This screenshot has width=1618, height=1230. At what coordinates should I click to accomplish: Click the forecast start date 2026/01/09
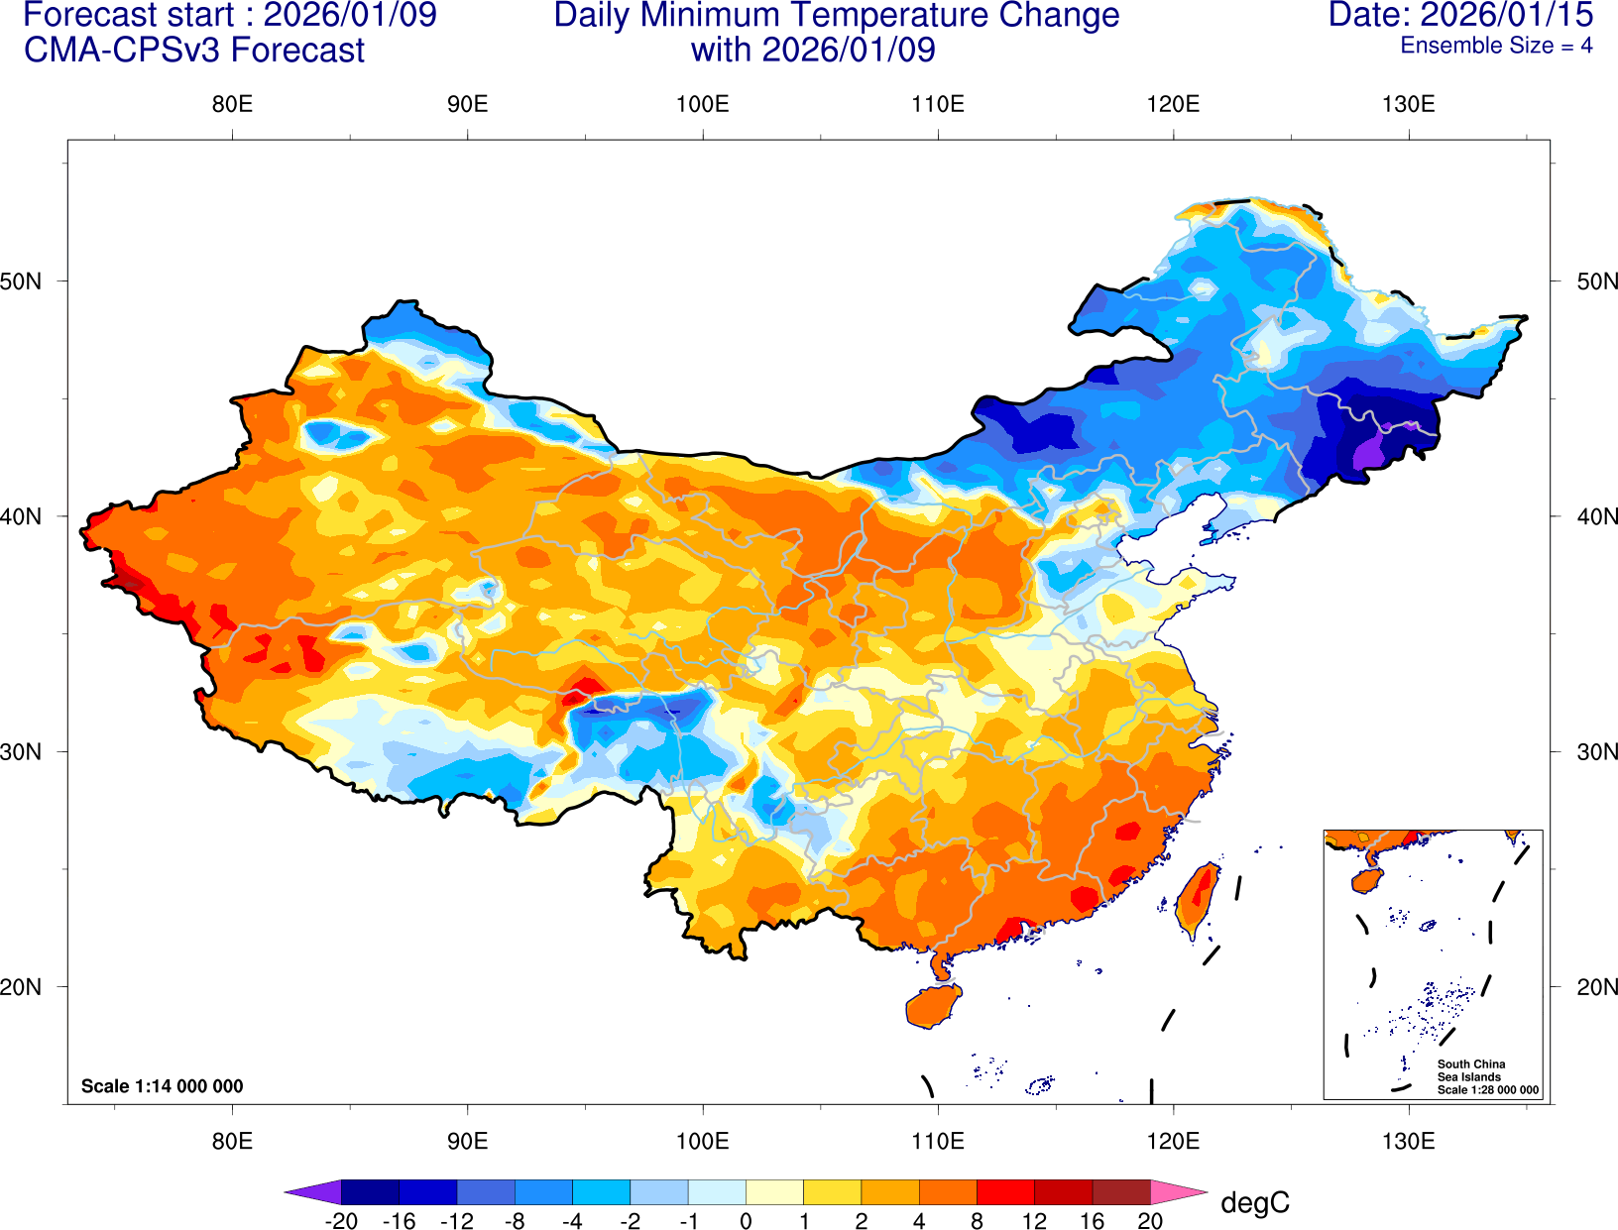coord(349,15)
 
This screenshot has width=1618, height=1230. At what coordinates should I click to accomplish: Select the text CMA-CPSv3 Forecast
coord(194,50)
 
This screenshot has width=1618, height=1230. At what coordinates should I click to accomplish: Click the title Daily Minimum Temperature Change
coord(836,15)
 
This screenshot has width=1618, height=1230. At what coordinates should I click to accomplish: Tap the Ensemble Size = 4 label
coord(1495,46)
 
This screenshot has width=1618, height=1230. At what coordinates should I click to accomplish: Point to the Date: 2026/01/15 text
coord(1460,15)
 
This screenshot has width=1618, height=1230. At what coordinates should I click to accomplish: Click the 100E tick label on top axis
coord(702,104)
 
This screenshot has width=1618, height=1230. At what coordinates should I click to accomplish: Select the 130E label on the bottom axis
coord(1408,1141)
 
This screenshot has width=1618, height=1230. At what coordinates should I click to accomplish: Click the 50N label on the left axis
coord(21,280)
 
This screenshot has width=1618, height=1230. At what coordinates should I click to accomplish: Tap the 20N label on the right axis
coord(1596,987)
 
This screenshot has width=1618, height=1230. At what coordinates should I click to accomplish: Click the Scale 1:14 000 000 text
coord(162,1086)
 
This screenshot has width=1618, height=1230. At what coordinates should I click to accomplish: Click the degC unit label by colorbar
coord(1254,1202)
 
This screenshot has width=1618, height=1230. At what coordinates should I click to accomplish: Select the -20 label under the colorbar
coord(341,1221)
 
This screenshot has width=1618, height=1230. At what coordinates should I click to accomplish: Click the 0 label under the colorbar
coord(746,1221)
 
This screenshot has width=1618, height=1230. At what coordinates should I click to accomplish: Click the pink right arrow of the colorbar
coord(1178,1192)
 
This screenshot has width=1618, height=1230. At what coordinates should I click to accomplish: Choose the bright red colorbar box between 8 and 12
coord(1005,1192)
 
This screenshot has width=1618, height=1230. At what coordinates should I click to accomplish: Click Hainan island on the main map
coord(933,1006)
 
